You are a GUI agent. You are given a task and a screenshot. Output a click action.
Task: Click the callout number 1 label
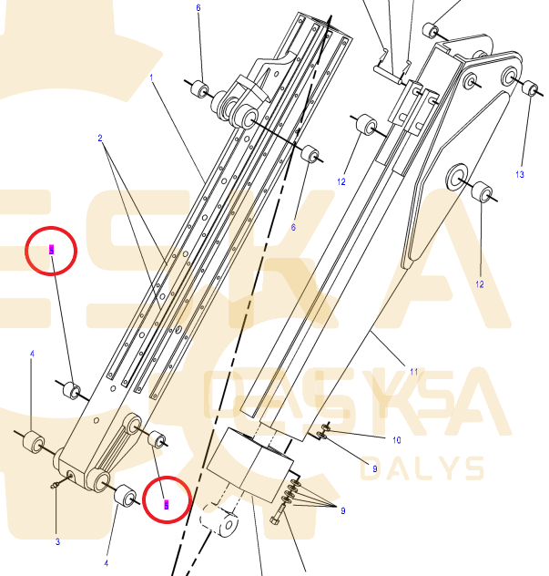(x=151, y=77)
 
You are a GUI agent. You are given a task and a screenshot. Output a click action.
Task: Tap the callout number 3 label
(x=57, y=541)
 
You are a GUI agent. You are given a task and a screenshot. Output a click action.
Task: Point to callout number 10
(x=396, y=440)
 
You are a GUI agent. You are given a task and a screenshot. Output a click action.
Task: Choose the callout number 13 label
(x=520, y=174)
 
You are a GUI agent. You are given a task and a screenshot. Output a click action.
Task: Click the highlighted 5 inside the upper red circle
(x=52, y=249)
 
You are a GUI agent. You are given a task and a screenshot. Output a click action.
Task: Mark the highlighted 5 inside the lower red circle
(x=166, y=503)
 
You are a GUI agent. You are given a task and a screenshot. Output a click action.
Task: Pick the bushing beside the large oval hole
(x=483, y=193)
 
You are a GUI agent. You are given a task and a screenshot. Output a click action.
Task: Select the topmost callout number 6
(x=198, y=8)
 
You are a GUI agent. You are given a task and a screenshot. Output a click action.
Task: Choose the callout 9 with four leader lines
(x=343, y=511)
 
